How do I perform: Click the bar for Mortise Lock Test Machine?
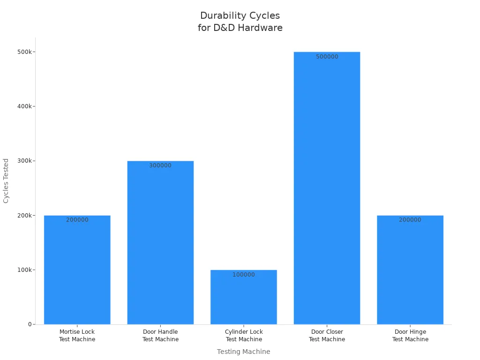point(77,272)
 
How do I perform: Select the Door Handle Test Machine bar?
point(160,244)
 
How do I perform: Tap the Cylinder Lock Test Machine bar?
point(244,300)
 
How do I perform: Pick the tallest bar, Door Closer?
point(327,187)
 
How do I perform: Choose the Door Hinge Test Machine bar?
point(410,272)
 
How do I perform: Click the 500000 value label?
point(327,57)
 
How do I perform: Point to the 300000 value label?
point(160,165)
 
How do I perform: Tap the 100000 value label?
point(244,275)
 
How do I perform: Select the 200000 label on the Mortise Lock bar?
point(77,220)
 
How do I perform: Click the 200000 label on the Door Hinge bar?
point(410,220)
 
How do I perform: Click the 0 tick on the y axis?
point(29,324)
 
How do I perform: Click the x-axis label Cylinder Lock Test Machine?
point(244,336)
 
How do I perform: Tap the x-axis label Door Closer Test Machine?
point(327,336)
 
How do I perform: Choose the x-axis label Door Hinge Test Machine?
point(410,336)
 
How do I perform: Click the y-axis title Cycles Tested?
point(6,180)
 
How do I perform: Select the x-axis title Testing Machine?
point(243,352)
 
